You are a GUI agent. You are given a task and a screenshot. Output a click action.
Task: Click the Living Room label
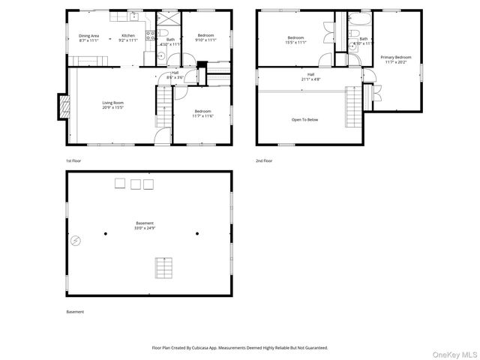click(x=113, y=105)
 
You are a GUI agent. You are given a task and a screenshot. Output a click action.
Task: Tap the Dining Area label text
click(x=89, y=37)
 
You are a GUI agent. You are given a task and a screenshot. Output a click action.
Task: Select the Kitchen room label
click(x=128, y=37)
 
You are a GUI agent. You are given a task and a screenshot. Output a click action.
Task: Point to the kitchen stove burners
click(x=151, y=33)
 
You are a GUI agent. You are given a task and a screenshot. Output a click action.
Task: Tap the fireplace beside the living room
click(x=63, y=106)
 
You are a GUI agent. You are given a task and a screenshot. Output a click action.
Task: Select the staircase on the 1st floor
click(x=163, y=106)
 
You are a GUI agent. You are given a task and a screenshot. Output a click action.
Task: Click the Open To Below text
click(x=304, y=119)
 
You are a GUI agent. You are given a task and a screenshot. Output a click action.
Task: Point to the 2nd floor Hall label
click(x=310, y=76)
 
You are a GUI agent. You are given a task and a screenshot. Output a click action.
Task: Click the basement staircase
click(x=163, y=268)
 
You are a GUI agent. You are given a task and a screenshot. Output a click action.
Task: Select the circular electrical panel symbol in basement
click(x=76, y=241)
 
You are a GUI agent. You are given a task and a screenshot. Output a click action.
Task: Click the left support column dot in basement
click(x=106, y=233)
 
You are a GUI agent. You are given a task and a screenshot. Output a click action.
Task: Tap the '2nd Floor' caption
click(x=263, y=161)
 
